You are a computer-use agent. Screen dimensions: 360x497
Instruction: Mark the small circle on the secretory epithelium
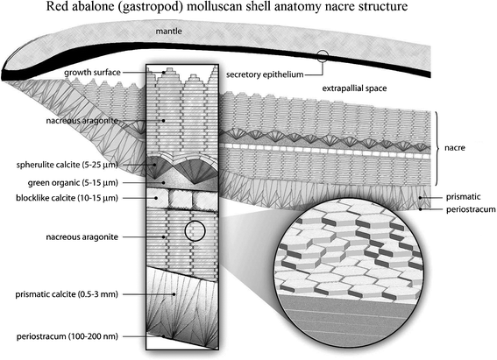(325, 58)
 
